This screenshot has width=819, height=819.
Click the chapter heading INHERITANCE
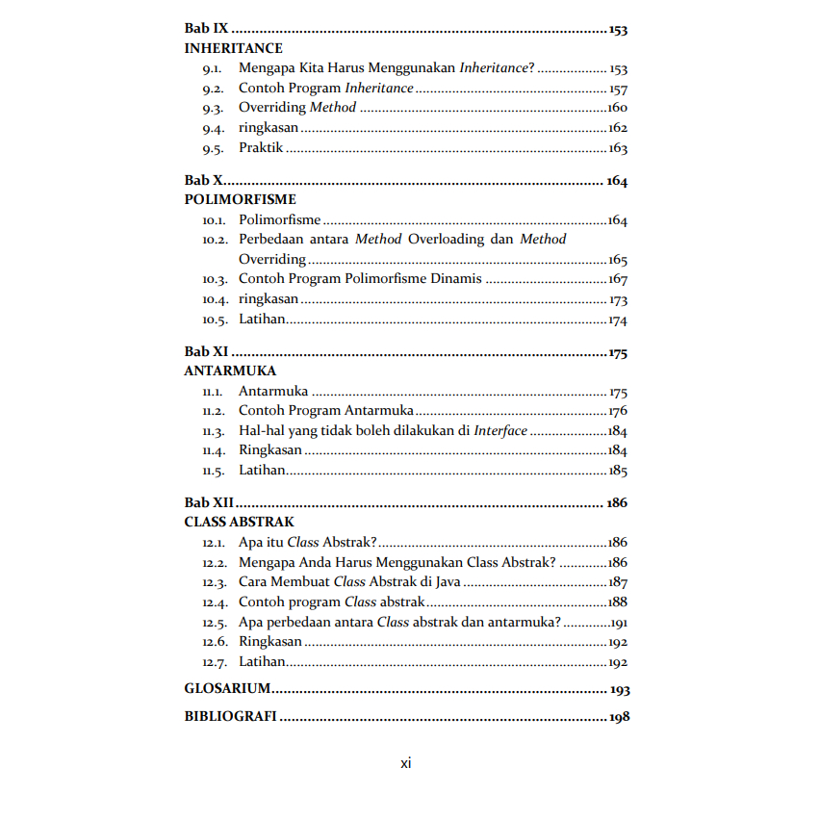pos(233,48)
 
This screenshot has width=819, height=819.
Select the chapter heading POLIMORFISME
pos(240,200)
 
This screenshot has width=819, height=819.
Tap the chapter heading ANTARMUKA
pos(230,371)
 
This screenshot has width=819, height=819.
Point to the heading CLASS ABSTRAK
pos(239,522)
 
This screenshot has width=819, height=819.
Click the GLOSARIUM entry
pos(227,689)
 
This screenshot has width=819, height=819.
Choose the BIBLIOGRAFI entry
pos(230,717)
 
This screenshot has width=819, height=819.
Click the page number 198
pos(619,718)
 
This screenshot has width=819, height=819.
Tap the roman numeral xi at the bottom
pos(406,763)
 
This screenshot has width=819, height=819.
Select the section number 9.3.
pos(213,109)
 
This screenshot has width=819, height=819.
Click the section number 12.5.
pos(215,623)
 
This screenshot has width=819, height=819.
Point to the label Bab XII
pos(210,502)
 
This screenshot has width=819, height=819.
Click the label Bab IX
pos(206,29)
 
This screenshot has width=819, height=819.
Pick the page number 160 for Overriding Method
pos(617,109)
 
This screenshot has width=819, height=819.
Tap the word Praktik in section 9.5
pos(260,148)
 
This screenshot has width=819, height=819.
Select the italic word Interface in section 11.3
pos(500,431)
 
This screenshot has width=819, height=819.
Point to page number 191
pos(618,623)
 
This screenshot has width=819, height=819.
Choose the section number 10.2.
pos(215,240)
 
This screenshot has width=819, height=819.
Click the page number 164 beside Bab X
pos(616,181)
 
